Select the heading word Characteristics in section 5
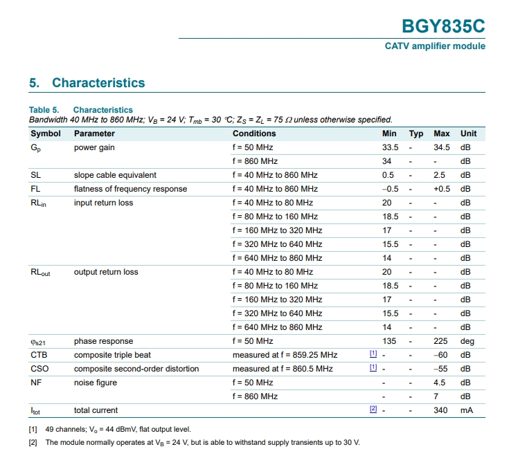98,83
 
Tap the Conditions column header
254,134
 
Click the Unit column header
469,134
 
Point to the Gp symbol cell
36,148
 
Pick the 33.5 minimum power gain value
391,147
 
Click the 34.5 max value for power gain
442,147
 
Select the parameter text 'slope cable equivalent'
115,175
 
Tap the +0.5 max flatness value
442,189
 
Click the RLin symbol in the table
38,203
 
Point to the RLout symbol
40,273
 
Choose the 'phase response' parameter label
103,341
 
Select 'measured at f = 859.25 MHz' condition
285,355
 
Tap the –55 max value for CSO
441,369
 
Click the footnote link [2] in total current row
373,410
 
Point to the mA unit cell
466,410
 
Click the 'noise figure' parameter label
95,383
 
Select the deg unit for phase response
467,341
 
